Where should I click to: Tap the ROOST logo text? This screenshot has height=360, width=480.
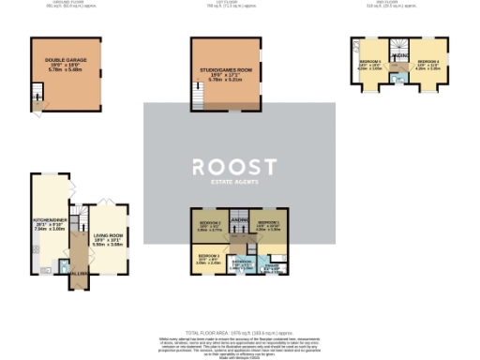(234, 167)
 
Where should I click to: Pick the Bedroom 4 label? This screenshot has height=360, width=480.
(428, 65)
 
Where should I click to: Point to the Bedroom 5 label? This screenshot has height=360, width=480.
(369, 66)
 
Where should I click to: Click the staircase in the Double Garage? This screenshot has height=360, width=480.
(37, 92)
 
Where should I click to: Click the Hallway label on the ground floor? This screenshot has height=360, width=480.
(77, 273)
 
